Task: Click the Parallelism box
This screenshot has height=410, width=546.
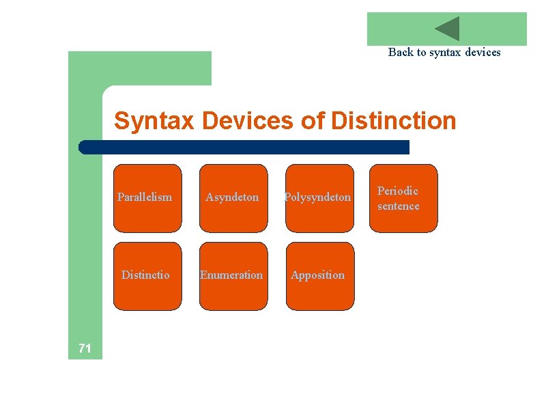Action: coord(147,198)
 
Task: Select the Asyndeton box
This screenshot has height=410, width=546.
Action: coord(233,198)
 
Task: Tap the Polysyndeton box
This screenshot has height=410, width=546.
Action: coord(319,198)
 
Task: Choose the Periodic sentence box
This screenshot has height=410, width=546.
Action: coord(403,198)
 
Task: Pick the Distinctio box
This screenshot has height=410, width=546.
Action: coord(147,276)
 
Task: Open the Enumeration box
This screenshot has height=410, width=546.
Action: coord(233,276)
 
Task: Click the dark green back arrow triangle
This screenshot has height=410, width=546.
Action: coord(448,29)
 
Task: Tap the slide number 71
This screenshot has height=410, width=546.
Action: coord(85,349)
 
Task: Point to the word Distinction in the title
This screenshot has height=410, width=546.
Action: coord(393,121)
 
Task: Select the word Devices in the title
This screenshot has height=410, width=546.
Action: coord(248,121)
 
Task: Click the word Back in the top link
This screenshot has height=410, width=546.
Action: coord(400,52)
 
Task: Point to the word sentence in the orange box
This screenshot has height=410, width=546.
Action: coord(399,206)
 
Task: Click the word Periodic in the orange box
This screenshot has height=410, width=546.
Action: coord(398,191)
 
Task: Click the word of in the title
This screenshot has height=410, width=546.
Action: coord(313,121)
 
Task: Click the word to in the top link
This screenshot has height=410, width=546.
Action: coord(420,52)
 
